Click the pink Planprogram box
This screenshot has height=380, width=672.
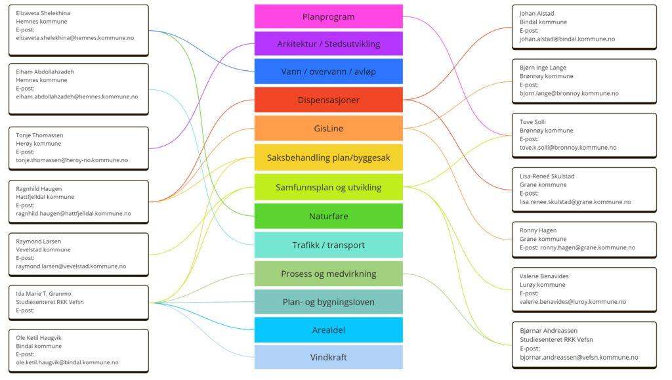coord(328,16)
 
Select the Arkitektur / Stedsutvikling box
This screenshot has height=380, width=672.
coord(328,44)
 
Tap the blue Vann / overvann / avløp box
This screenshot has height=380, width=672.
coord(328,72)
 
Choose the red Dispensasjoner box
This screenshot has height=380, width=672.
coord(328,100)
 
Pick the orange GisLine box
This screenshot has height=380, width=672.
coord(328,128)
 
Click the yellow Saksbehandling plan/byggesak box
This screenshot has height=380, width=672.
coord(328,158)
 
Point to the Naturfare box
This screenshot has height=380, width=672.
coord(328,216)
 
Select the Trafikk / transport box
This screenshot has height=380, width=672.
coord(328,245)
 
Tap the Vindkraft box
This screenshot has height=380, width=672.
coord(328,357)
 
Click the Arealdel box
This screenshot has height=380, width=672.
coord(328,330)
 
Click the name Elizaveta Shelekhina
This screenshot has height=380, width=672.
coord(43,13)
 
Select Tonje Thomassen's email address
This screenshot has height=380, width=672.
coord(72,160)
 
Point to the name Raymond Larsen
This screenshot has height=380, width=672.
coord(39,242)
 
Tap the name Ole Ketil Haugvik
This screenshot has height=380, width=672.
coord(39,338)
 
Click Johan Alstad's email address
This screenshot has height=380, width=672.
coord(567,39)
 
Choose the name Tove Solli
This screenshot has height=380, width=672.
coord(533,122)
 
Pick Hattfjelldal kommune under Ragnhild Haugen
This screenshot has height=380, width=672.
coord(45,197)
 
